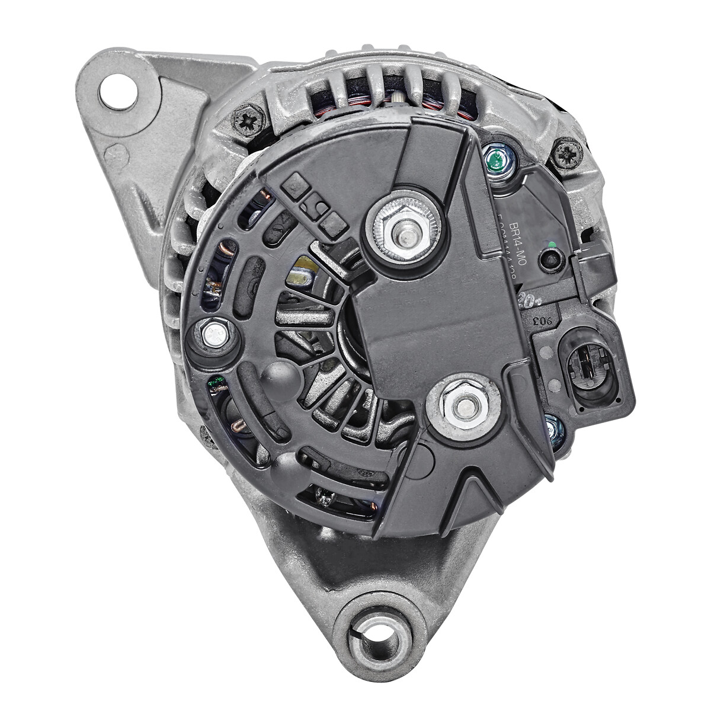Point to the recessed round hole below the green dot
click(x=551, y=259)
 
